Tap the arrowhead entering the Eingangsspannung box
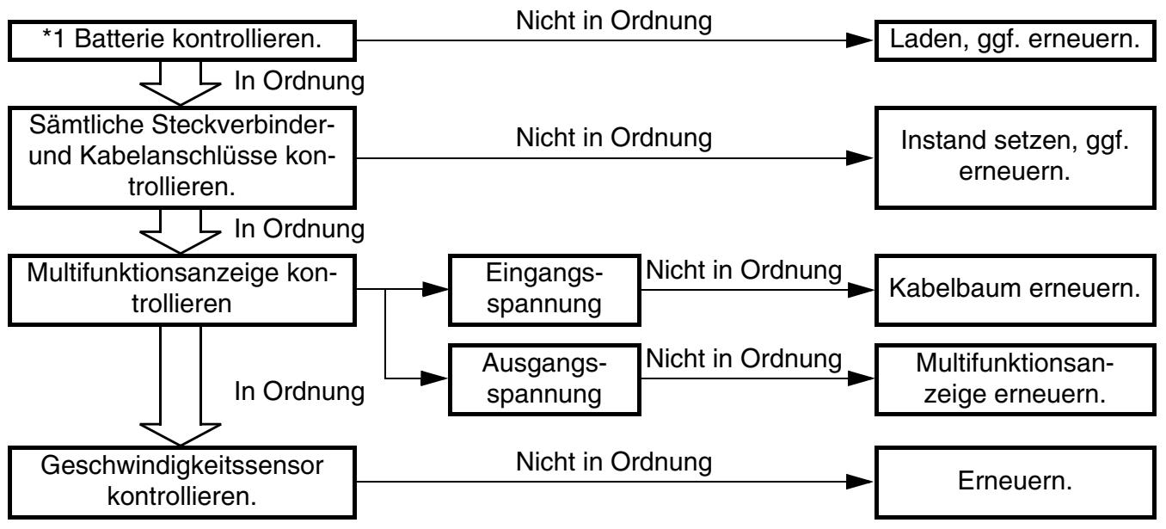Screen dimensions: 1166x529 coord(435,289)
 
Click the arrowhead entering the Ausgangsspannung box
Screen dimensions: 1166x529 coord(434,378)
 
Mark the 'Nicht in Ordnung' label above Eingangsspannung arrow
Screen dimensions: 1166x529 coord(744,270)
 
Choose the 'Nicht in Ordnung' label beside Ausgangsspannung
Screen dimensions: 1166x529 coord(744,360)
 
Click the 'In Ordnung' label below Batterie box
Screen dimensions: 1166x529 coord(299,81)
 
